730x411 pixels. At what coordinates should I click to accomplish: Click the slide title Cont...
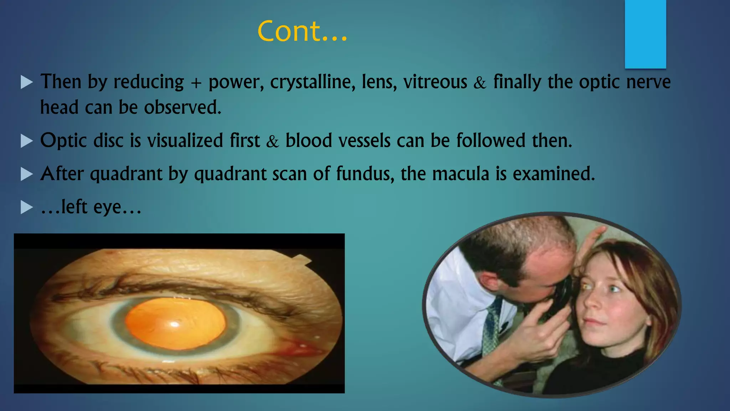click(302, 31)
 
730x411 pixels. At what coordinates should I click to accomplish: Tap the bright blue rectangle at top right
click(645, 34)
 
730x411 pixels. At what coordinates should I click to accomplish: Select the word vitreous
click(435, 82)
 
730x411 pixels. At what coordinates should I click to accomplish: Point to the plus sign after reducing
click(196, 83)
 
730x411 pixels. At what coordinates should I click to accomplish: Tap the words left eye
click(91, 207)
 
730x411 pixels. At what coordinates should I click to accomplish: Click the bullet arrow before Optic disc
click(27, 141)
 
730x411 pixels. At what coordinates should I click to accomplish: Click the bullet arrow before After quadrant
click(27, 174)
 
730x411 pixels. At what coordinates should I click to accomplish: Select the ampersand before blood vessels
click(272, 142)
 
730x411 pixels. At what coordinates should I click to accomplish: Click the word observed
click(182, 107)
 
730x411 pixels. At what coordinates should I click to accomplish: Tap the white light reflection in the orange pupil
click(174, 324)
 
